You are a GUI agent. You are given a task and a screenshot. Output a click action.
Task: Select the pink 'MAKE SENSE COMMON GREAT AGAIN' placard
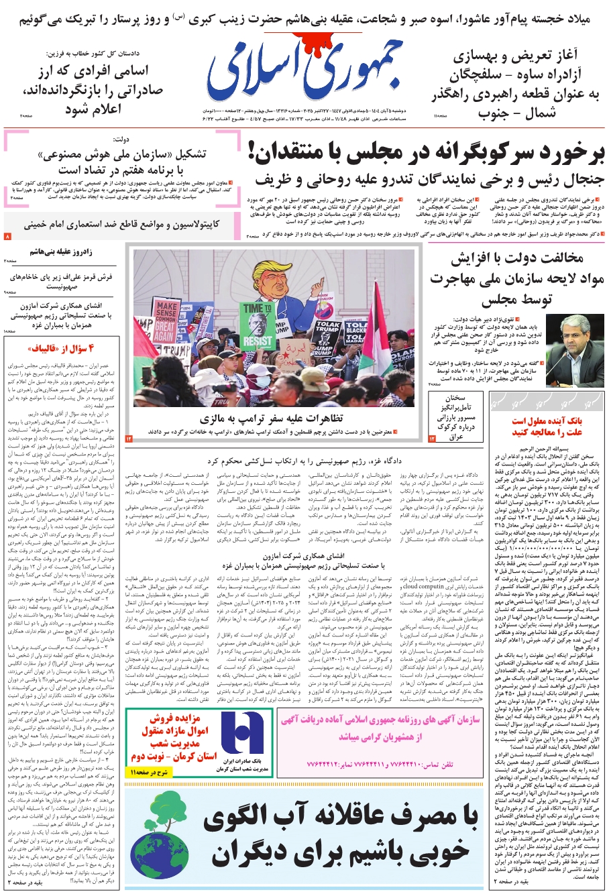tap(165, 323)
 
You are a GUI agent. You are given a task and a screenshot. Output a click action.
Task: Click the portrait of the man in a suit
tap(575, 355)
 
